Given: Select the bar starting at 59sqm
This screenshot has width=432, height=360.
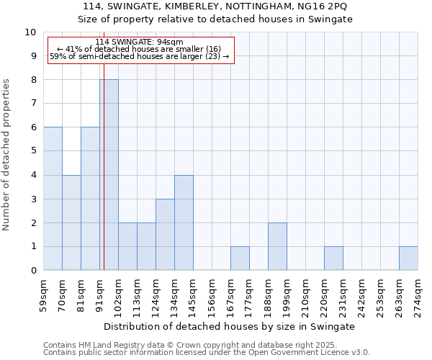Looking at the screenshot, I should click(53, 199).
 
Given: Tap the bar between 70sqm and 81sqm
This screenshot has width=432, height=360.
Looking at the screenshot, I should click(71, 222).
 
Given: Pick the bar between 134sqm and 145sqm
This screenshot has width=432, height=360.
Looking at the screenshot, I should click(184, 222).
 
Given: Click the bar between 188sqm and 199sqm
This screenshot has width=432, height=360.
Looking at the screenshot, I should click(277, 246).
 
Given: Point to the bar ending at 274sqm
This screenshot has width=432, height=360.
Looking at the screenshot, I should click(408, 258).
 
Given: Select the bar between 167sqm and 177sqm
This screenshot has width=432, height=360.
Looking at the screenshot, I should click(240, 258).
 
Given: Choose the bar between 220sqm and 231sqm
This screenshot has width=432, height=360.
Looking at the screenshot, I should click(333, 258).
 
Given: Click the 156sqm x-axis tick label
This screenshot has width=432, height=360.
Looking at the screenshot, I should click(212, 294).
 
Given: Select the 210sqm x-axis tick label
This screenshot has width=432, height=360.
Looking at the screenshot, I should click(305, 294).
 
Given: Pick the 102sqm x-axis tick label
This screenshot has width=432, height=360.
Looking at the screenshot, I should click(118, 294).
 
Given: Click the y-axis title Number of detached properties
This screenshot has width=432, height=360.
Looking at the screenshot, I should click(7, 155).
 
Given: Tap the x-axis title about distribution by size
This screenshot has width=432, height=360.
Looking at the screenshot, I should click(230, 326).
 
